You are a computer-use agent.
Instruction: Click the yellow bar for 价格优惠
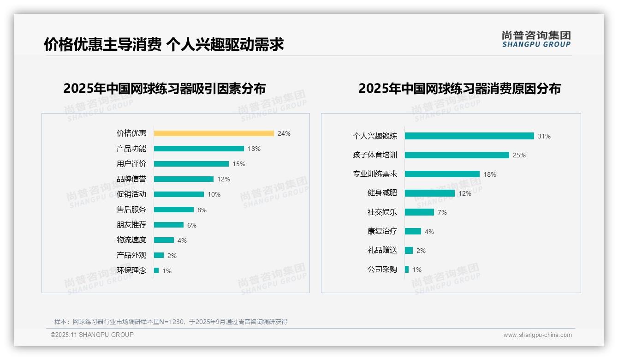click(x=214, y=133)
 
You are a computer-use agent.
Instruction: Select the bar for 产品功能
click(x=199, y=149)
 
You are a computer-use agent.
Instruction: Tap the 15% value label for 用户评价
click(x=239, y=164)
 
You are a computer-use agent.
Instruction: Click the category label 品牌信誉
click(x=131, y=179)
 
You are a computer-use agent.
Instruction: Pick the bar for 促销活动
click(x=179, y=194)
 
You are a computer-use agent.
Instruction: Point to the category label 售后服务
click(x=131, y=210)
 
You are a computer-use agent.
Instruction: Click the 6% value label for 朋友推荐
click(x=192, y=225)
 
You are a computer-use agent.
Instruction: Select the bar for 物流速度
click(x=164, y=240)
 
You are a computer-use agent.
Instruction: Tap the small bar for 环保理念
click(x=156, y=270)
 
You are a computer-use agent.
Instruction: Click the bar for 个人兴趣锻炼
click(x=469, y=136)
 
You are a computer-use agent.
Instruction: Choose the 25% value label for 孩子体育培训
click(x=519, y=155)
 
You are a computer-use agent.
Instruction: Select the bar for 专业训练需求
click(x=442, y=174)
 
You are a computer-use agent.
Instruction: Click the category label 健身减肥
click(x=382, y=193)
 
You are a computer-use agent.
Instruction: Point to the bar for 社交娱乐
click(x=419, y=212)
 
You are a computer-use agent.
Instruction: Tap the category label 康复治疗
click(x=382, y=231)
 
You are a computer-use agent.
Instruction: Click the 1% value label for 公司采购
click(x=417, y=270)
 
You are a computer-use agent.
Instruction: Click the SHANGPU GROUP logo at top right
click(x=536, y=39)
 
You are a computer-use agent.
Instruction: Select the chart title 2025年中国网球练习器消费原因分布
click(x=459, y=88)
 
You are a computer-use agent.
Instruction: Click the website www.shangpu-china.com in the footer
click(x=537, y=335)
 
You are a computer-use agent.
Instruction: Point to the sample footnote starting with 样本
click(x=171, y=322)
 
